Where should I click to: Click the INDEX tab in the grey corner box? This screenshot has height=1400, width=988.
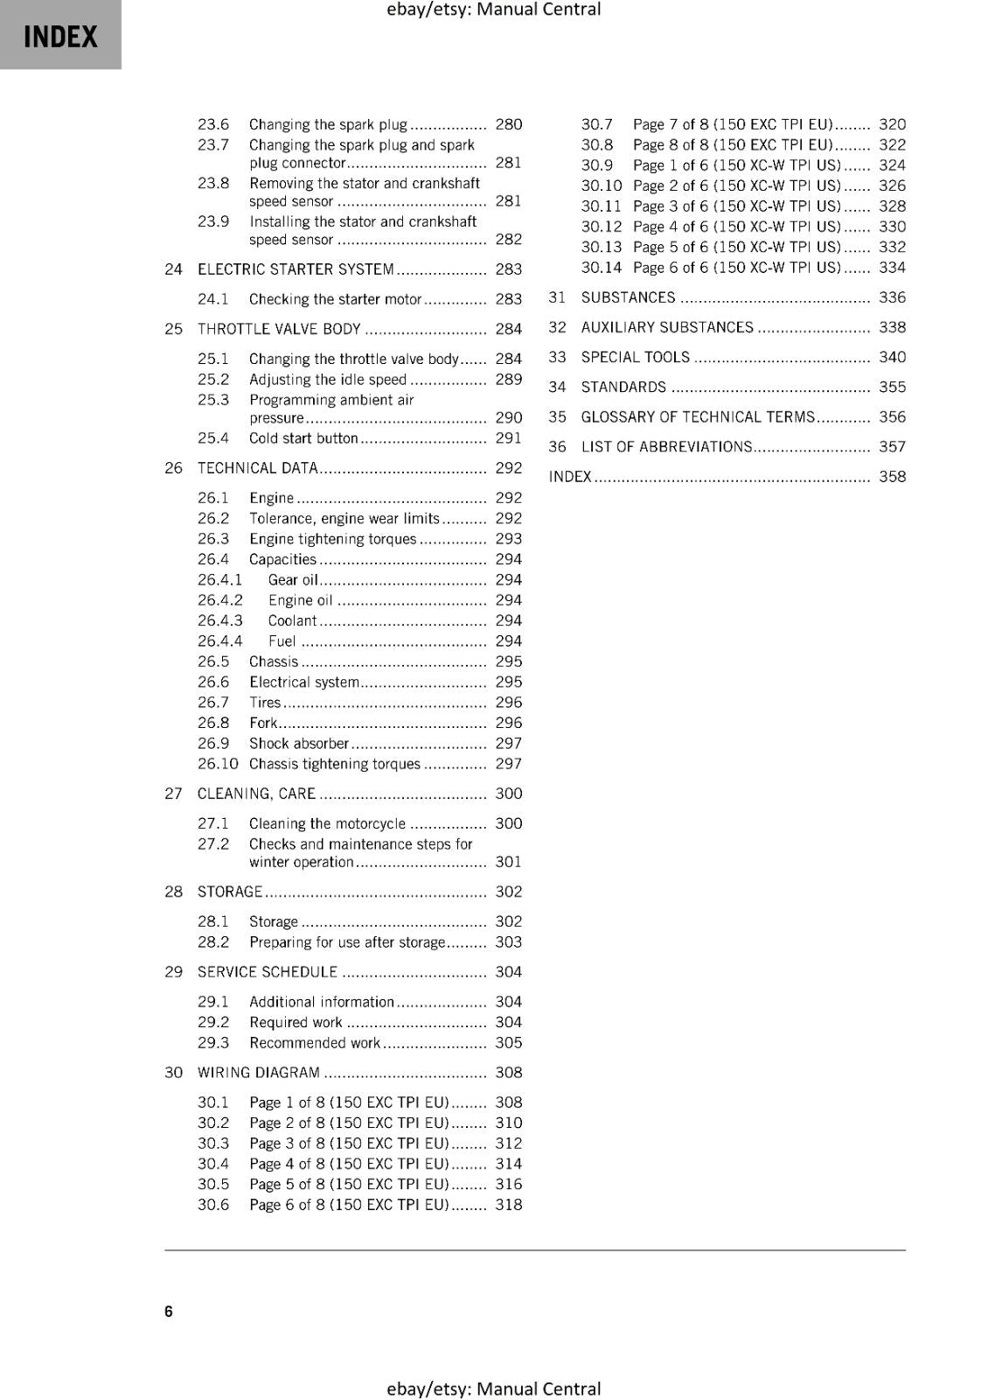pos(60,37)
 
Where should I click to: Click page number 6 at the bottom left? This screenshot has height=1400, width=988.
pos(169,1311)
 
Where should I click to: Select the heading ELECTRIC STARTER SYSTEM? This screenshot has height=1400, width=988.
pos(296,269)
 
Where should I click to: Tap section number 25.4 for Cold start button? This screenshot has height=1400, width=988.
pos(213,438)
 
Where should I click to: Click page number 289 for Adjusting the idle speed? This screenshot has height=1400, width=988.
pos(508,380)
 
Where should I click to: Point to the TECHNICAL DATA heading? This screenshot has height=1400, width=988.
pos(257,468)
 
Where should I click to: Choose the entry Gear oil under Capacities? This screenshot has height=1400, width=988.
pos(293,580)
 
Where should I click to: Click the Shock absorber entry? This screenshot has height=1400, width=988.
pos(299,744)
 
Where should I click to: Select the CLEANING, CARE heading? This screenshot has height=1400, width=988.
pos(256,794)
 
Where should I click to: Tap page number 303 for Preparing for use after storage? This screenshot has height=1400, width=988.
pos(508,942)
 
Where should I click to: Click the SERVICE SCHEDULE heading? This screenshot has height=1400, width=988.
pos(267,972)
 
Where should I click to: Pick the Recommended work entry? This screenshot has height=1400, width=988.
pos(315,1043)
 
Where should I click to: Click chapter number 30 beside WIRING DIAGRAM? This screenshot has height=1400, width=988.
pos(173,1073)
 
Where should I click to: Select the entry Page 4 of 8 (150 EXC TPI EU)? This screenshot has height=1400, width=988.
pos(349,1164)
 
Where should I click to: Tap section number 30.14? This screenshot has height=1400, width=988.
pos(601,268)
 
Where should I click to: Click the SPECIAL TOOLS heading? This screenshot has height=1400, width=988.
pos(635,357)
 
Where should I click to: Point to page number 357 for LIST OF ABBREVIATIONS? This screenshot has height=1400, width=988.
pos(892,447)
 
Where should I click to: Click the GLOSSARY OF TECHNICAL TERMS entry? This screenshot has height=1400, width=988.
pos(698,417)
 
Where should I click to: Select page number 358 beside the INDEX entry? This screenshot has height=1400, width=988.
pos(892,477)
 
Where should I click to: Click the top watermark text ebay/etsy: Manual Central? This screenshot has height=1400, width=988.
pos(493,10)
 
